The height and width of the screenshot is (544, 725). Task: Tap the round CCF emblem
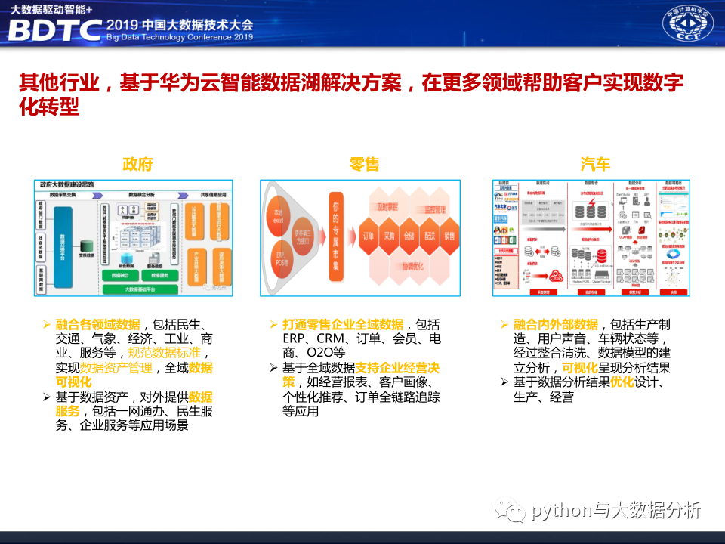686,26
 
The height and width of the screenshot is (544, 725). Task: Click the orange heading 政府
138,164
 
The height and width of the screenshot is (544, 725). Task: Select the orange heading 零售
364,164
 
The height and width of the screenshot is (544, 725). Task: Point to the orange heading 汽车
596,164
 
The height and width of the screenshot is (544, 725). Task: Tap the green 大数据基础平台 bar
139,289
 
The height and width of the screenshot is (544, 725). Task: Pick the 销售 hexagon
451,236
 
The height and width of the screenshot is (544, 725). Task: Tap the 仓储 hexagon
409,236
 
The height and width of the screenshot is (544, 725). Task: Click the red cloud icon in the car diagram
557,274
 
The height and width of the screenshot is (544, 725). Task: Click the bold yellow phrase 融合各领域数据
97,324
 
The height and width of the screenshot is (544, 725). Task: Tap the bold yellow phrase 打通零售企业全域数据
343,324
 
